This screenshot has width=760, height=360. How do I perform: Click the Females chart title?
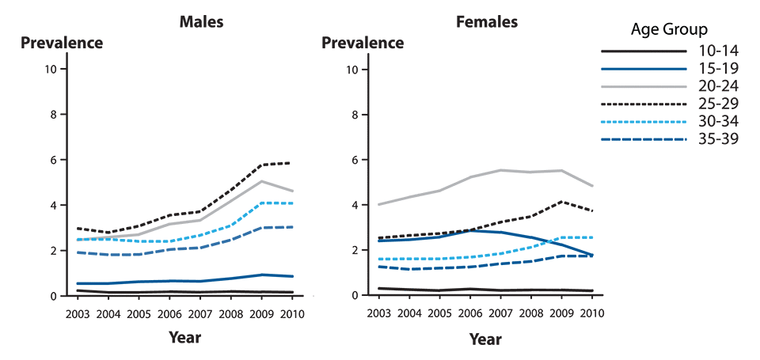click(x=488, y=21)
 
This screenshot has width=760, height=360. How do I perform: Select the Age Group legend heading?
click(x=669, y=31)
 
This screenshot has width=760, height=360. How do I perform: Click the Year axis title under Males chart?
click(x=184, y=338)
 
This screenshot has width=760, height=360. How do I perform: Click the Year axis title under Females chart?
click(x=484, y=339)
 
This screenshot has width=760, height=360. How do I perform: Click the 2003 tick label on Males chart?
click(x=78, y=313)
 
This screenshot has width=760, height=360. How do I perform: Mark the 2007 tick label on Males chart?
click(x=199, y=313)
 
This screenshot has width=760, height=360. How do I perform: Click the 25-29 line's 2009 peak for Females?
click(x=561, y=201)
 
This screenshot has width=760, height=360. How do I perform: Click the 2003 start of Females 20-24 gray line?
click(x=378, y=205)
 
